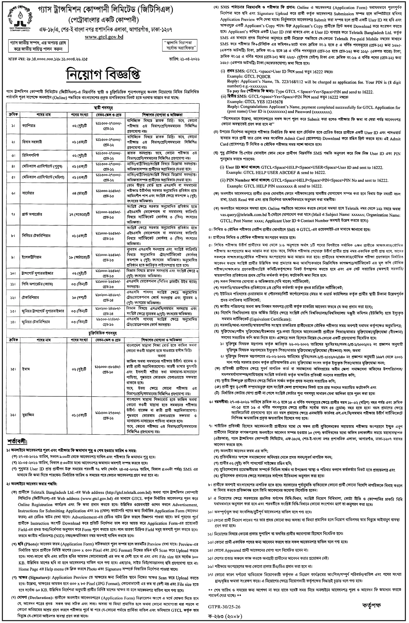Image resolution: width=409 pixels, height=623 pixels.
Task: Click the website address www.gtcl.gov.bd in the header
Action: click(x=104, y=37)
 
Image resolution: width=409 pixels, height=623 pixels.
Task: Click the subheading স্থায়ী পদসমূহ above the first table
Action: click(x=103, y=108)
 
